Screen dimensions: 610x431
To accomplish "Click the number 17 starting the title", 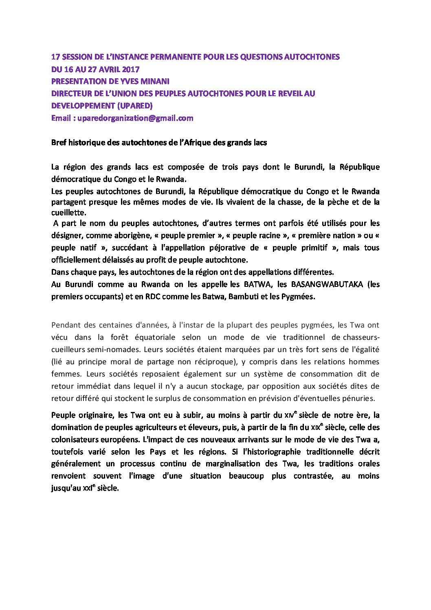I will tap(55, 57).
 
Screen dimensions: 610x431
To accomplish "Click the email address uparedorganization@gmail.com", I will tap(135, 118).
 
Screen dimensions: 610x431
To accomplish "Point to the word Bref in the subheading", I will tap(59, 143).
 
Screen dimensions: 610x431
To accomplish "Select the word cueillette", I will tap(68, 213).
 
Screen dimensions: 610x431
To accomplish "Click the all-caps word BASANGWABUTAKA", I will tap(327, 284).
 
